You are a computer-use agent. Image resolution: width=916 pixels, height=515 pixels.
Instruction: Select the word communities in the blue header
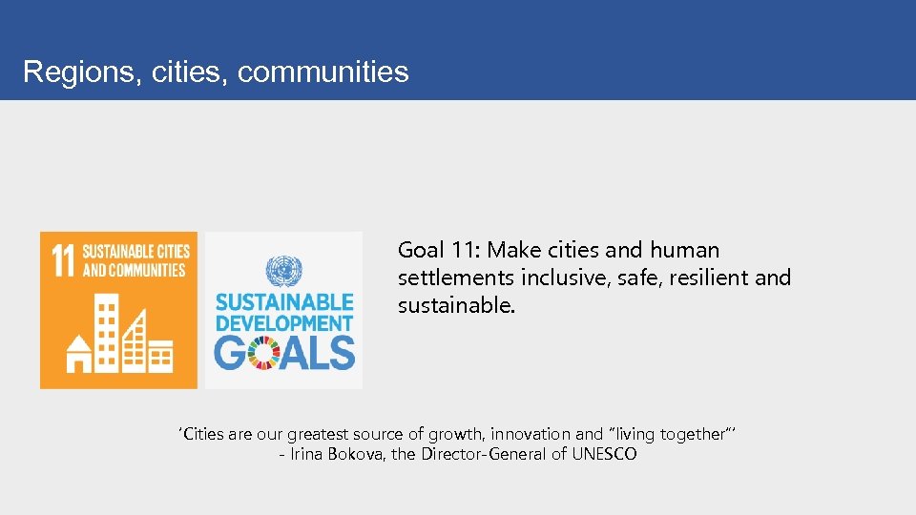(x=323, y=72)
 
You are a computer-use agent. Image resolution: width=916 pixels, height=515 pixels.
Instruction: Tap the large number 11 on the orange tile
(x=63, y=260)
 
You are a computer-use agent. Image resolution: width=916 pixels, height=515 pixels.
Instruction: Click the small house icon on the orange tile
(x=75, y=354)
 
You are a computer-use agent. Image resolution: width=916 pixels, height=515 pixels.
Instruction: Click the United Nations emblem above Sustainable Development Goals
(x=283, y=270)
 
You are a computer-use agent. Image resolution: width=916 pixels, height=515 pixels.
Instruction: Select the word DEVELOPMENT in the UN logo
(x=284, y=323)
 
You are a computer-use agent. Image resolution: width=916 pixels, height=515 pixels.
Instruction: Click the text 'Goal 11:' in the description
(x=439, y=251)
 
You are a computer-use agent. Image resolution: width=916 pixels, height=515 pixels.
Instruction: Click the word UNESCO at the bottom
(x=604, y=454)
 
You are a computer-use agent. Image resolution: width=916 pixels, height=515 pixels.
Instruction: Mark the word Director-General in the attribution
(x=484, y=454)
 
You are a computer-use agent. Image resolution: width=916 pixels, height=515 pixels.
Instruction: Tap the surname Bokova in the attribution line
(x=358, y=454)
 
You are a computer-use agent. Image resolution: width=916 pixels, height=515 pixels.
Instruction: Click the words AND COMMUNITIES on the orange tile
(x=134, y=270)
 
